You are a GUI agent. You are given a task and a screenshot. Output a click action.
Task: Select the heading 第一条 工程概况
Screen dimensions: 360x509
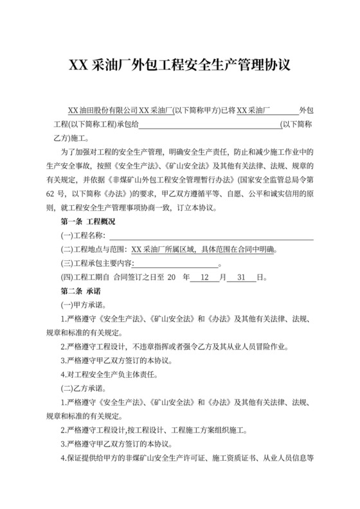87,222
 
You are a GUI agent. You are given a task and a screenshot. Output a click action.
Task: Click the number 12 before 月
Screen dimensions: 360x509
205,278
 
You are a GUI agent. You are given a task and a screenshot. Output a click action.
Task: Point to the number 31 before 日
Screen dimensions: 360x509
242,278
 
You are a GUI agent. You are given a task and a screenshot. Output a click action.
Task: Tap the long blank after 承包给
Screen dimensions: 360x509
210,125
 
